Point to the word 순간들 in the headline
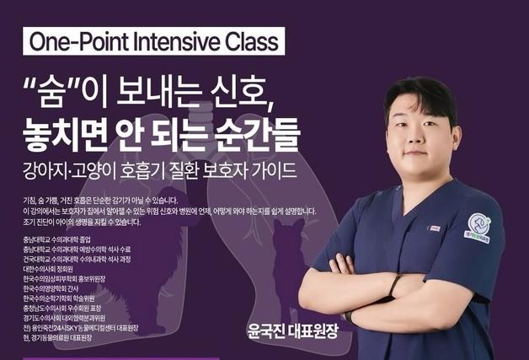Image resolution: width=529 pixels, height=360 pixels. (x=259, y=132)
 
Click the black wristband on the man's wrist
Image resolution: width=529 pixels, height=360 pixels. (x=393, y=287)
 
